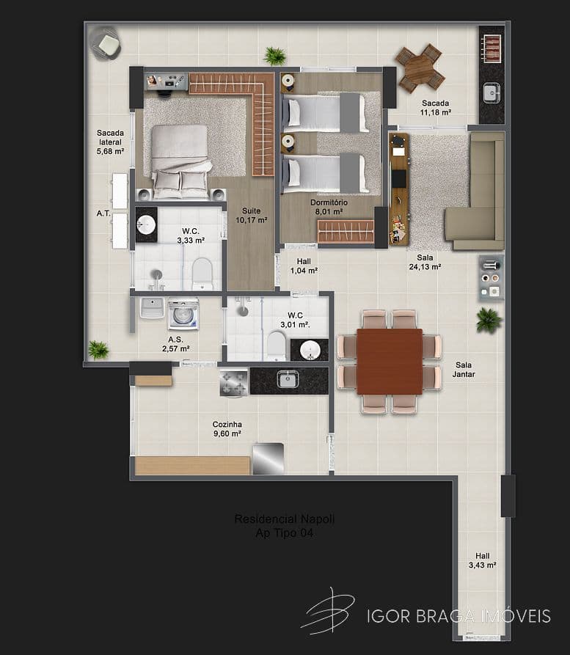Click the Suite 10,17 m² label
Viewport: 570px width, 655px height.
coord(251,214)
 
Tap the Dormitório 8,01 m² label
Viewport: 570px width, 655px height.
coord(327,207)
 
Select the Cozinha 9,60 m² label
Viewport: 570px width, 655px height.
coord(227,429)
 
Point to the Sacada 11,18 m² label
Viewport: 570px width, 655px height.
coord(435,108)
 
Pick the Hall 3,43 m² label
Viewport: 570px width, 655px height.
coord(482,560)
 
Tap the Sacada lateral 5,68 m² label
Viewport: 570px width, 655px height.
coord(110,142)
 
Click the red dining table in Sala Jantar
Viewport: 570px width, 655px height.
coord(389,362)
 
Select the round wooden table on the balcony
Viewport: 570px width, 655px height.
coord(420,67)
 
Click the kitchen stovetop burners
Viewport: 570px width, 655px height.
coord(233,382)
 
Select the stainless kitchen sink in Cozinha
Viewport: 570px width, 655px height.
coord(287,379)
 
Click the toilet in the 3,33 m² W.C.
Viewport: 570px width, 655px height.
coord(202,274)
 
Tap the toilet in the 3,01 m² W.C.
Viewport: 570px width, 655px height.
coord(277,345)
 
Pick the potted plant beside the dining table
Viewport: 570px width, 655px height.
coord(488,320)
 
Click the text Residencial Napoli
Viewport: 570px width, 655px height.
coord(284,519)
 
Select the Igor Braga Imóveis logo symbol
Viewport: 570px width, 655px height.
coord(329,610)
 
